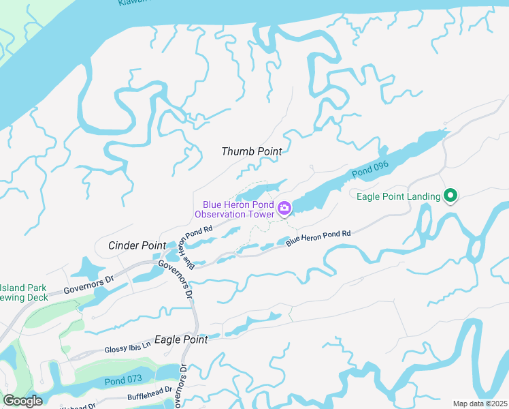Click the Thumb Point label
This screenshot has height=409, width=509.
coord(251,151)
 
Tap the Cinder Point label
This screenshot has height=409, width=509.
coord(137,245)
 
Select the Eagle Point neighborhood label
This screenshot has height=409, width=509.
coord(181,339)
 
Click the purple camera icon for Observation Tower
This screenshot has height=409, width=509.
coord(284,207)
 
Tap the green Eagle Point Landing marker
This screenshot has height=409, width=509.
coord(450,196)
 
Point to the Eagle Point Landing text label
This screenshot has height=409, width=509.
coord(399,197)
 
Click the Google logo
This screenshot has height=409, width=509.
coord(22,401)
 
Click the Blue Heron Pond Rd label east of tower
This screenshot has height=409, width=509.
coord(318,238)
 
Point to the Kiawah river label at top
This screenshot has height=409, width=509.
coord(133,3)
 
